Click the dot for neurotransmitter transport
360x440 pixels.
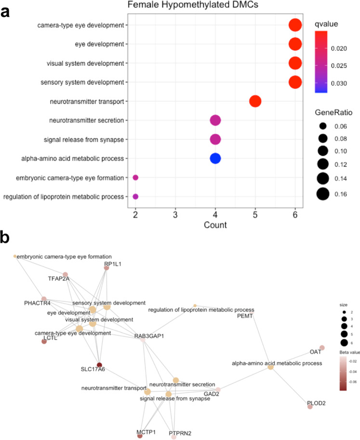pos(255,101)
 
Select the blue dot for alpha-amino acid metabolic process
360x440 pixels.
pos(215,158)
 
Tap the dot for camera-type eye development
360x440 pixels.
pos(295,25)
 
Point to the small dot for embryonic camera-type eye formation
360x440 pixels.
pos(135,178)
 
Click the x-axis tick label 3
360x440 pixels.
pos(175,213)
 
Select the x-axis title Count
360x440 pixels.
pos(215,224)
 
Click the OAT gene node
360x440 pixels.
pos(322,347)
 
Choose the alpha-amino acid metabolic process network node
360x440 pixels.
pos(271,367)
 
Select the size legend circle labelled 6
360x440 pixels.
pos(344,343)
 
